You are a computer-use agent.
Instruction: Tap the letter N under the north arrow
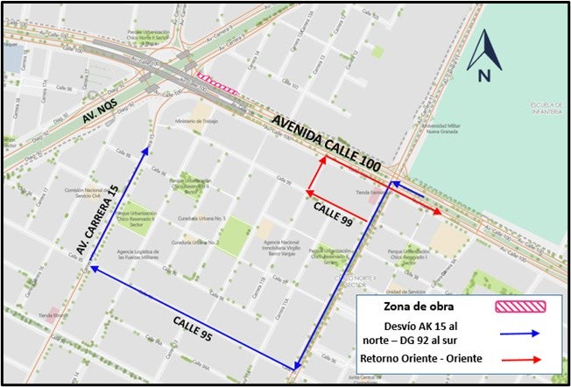click(484, 75)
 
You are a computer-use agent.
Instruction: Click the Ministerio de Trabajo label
click(194, 121)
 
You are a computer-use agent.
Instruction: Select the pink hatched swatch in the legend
click(522, 306)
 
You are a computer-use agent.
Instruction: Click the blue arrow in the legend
click(522, 334)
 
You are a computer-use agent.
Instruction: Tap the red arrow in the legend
click(522, 359)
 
